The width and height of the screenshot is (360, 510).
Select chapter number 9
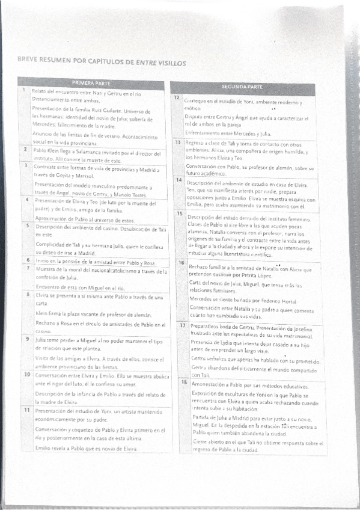[x=27, y=339]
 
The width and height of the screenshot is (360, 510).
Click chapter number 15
[x=178, y=213]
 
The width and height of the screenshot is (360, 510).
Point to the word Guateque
[x=197, y=102]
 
